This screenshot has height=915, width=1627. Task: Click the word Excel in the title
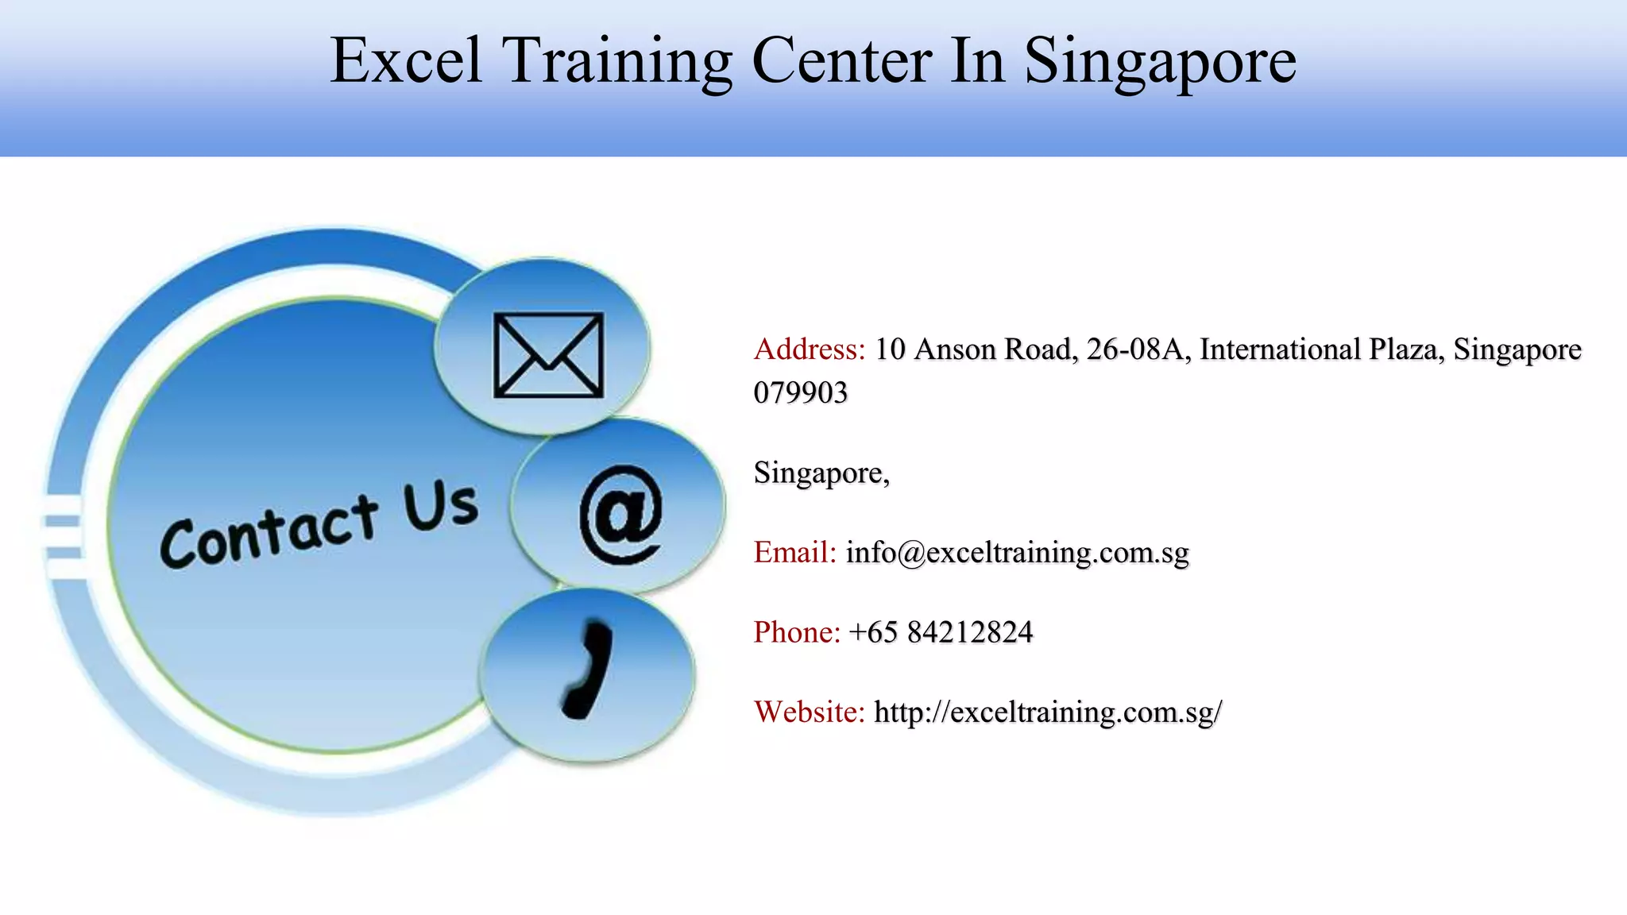pyautogui.click(x=406, y=60)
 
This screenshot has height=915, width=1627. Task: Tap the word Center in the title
pyautogui.click(x=841, y=60)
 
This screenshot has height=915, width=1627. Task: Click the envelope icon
pyautogui.click(x=548, y=355)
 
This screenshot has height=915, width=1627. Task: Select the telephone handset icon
pyautogui.click(x=588, y=671)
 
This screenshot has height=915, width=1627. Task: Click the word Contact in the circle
pyautogui.click(x=269, y=532)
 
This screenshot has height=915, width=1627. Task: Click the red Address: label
pyautogui.click(x=809, y=349)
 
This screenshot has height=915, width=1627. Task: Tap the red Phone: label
pyautogui.click(x=797, y=632)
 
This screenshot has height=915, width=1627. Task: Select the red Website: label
pyautogui.click(x=809, y=712)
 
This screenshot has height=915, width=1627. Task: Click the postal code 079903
pyautogui.click(x=800, y=392)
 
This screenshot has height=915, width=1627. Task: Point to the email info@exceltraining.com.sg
pyautogui.click(x=1017, y=552)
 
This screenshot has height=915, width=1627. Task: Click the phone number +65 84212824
pyautogui.click(x=941, y=632)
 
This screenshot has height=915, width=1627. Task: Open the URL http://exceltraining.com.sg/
pyautogui.click(x=1047, y=712)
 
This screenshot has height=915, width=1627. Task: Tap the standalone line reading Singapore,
pyautogui.click(x=821, y=473)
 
